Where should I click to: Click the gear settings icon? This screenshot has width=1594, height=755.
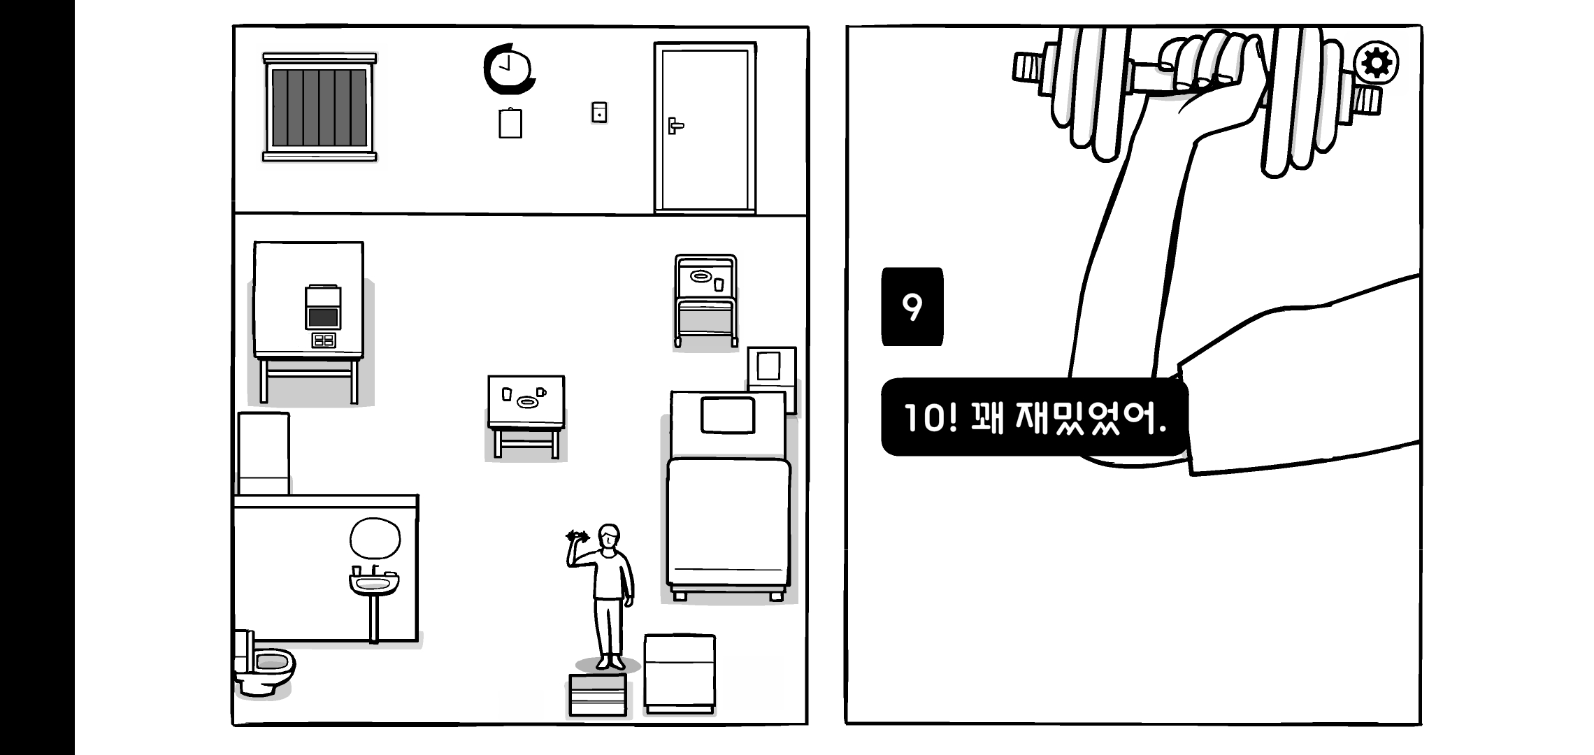(1376, 64)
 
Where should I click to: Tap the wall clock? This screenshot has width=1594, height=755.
(509, 69)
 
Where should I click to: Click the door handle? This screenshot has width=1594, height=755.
(674, 126)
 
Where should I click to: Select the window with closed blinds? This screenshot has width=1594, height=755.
(319, 107)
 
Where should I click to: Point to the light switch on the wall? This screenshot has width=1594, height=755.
(599, 112)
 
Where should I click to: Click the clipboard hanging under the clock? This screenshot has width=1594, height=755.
(510, 124)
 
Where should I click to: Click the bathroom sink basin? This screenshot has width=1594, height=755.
(374, 582)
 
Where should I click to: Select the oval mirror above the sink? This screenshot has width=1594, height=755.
(375, 539)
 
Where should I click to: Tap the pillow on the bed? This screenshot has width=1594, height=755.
(728, 415)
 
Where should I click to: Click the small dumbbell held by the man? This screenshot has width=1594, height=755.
(577, 537)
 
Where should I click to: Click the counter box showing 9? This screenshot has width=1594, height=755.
(912, 306)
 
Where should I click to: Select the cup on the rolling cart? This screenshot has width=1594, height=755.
(719, 284)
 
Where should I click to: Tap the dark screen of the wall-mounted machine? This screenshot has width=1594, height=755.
(322, 318)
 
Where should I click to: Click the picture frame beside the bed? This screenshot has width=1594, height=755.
(770, 366)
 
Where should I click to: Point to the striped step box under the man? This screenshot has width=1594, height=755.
(598, 695)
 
